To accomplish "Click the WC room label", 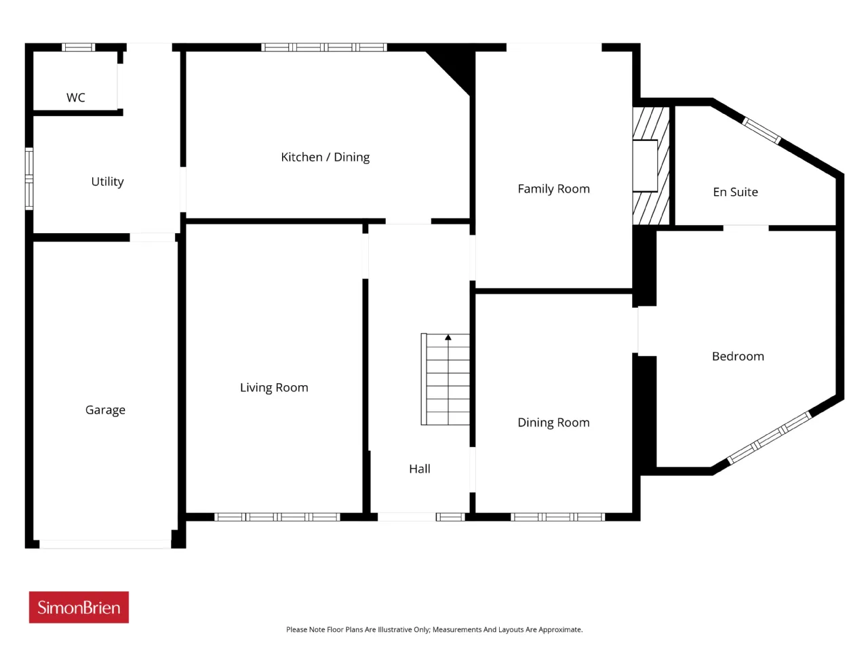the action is coord(75,97).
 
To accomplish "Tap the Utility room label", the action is coord(107,182).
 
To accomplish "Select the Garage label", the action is coord(105,410).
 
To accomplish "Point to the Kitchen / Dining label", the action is coord(325,157).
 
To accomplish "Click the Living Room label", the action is coord(274,387).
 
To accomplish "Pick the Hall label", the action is coord(420,469).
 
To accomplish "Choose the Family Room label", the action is coord(553,189).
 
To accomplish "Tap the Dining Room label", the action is coord(553,422).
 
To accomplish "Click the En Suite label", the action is coord(736,192).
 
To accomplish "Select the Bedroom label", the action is coord(738,356).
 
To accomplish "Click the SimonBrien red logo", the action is coord(79,607).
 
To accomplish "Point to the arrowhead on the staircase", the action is coord(448,337).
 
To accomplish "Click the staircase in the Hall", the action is coord(446,379).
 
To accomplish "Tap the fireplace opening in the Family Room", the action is coord(645,166).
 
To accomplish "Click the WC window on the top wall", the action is coord(78,47).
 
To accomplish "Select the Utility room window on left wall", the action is coord(29,178).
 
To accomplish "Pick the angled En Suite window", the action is coord(762,130).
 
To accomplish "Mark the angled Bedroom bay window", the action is coord(769,437).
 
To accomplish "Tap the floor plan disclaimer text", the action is coord(434,629).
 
